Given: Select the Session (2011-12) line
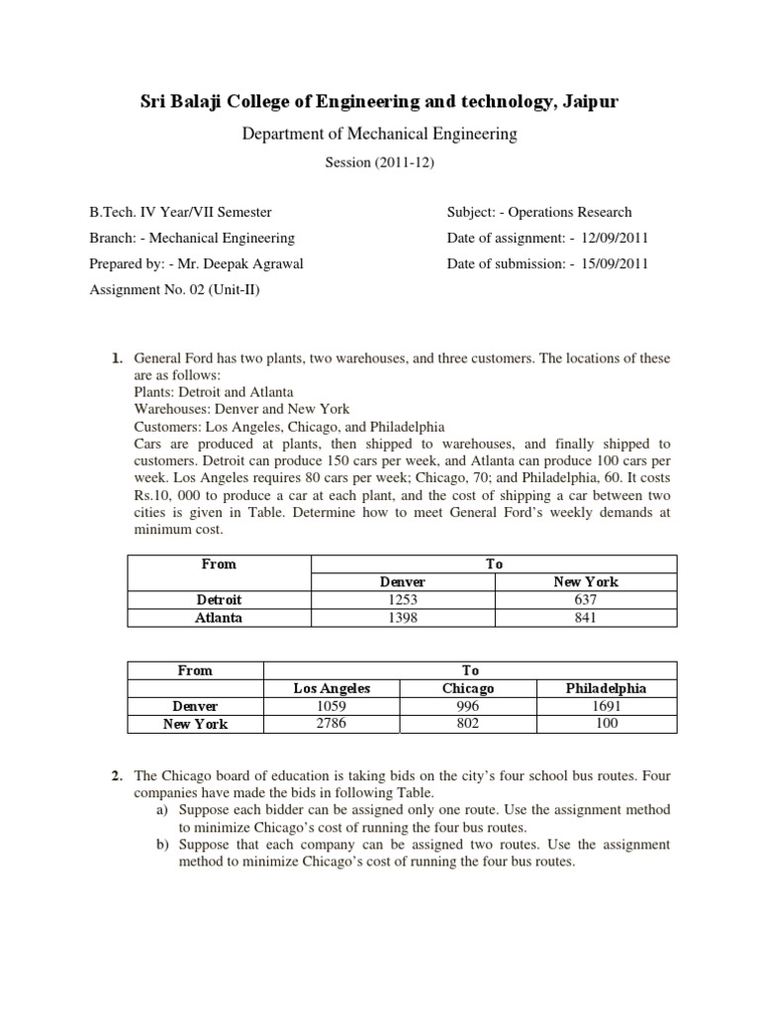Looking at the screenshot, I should (x=380, y=163).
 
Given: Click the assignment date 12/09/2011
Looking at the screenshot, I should (x=610, y=238).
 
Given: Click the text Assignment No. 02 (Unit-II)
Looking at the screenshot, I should (x=176, y=290).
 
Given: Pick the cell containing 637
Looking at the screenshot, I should (x=586, y=600).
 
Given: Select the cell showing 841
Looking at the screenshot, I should (x=586, y=618).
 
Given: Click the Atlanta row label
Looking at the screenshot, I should (x=220, y=618).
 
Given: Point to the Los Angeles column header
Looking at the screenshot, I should (x=331, y=688).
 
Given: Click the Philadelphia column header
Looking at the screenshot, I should (x=607, y=688).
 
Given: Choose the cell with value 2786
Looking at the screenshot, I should (x=331, y=724).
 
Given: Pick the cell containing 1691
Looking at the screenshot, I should (x=607, y=706).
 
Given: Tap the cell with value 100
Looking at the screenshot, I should (x=607, y=724).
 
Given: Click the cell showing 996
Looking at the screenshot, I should (x=468, y=706).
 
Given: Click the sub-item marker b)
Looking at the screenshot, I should (x=162, y=845).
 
